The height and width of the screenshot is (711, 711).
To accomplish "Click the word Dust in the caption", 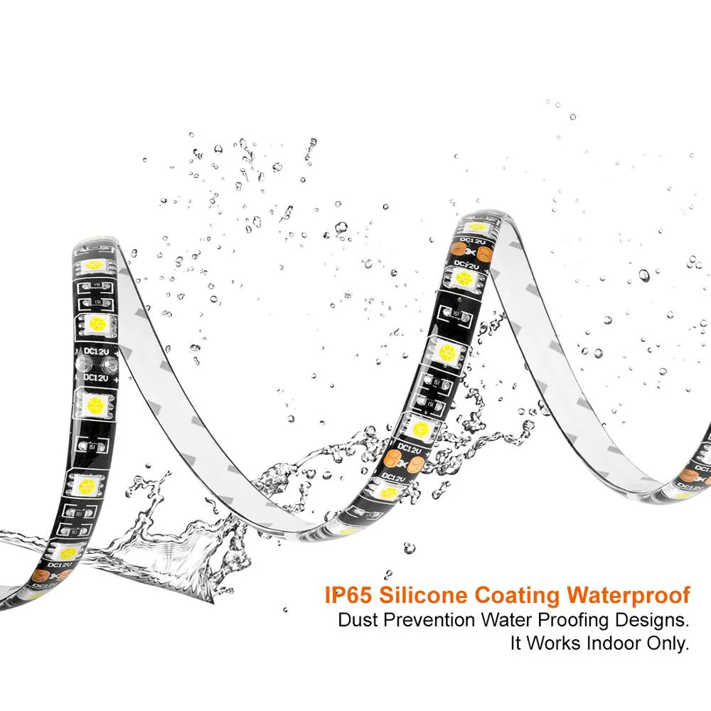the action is coord(358,620).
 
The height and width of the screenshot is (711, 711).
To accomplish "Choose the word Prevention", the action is coord(430,620).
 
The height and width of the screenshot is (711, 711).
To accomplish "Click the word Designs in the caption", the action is coord(652,620).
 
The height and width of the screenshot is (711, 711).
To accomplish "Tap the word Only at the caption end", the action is coord(668,644).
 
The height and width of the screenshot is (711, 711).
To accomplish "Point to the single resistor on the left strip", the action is coord(92,446).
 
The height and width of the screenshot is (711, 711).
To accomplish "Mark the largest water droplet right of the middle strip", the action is coord(643,274).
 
